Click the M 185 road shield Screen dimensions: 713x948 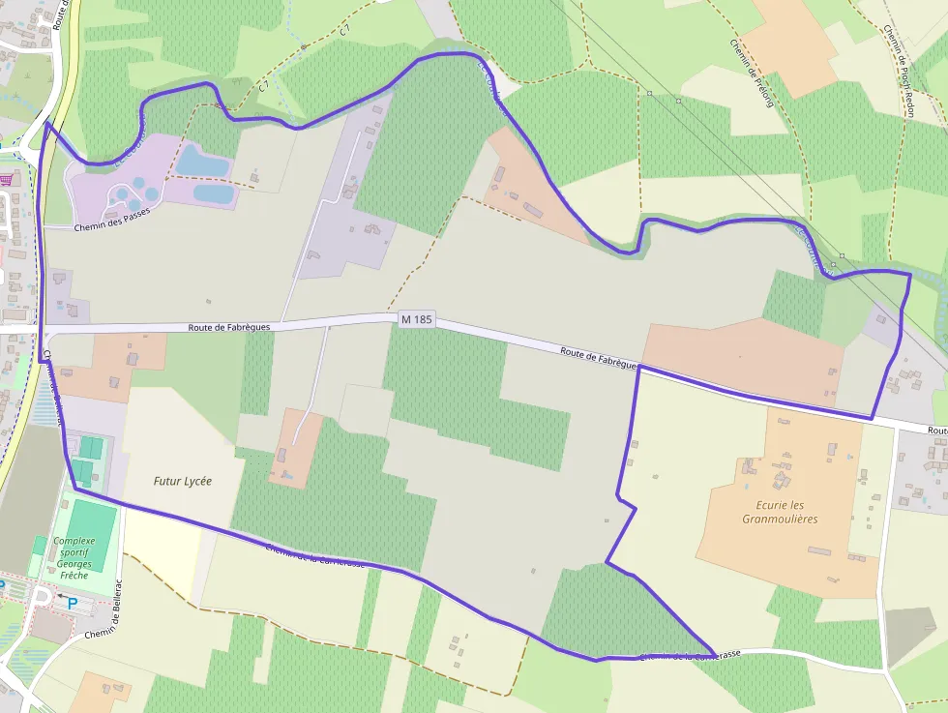tap(415, 318)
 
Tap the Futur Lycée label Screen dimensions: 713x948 tap(182, 480)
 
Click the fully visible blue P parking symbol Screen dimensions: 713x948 tap(73, 603)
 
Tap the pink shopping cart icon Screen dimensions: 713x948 tap(9, 179)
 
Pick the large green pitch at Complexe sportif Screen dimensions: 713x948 tap(92, 536)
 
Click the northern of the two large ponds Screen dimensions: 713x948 tap(202, 161)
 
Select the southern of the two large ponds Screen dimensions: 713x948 tap(215, 193)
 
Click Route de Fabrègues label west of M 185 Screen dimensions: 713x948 tap(229, 327)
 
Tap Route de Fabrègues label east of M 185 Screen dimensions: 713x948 tap(598, 356)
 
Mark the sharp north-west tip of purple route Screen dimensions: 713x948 tap(45, 123)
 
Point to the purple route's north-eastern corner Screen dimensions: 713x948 tap(909, 274)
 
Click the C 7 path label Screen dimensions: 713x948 tap(262, 86)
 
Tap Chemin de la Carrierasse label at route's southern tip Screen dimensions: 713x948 tap(690, 655)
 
